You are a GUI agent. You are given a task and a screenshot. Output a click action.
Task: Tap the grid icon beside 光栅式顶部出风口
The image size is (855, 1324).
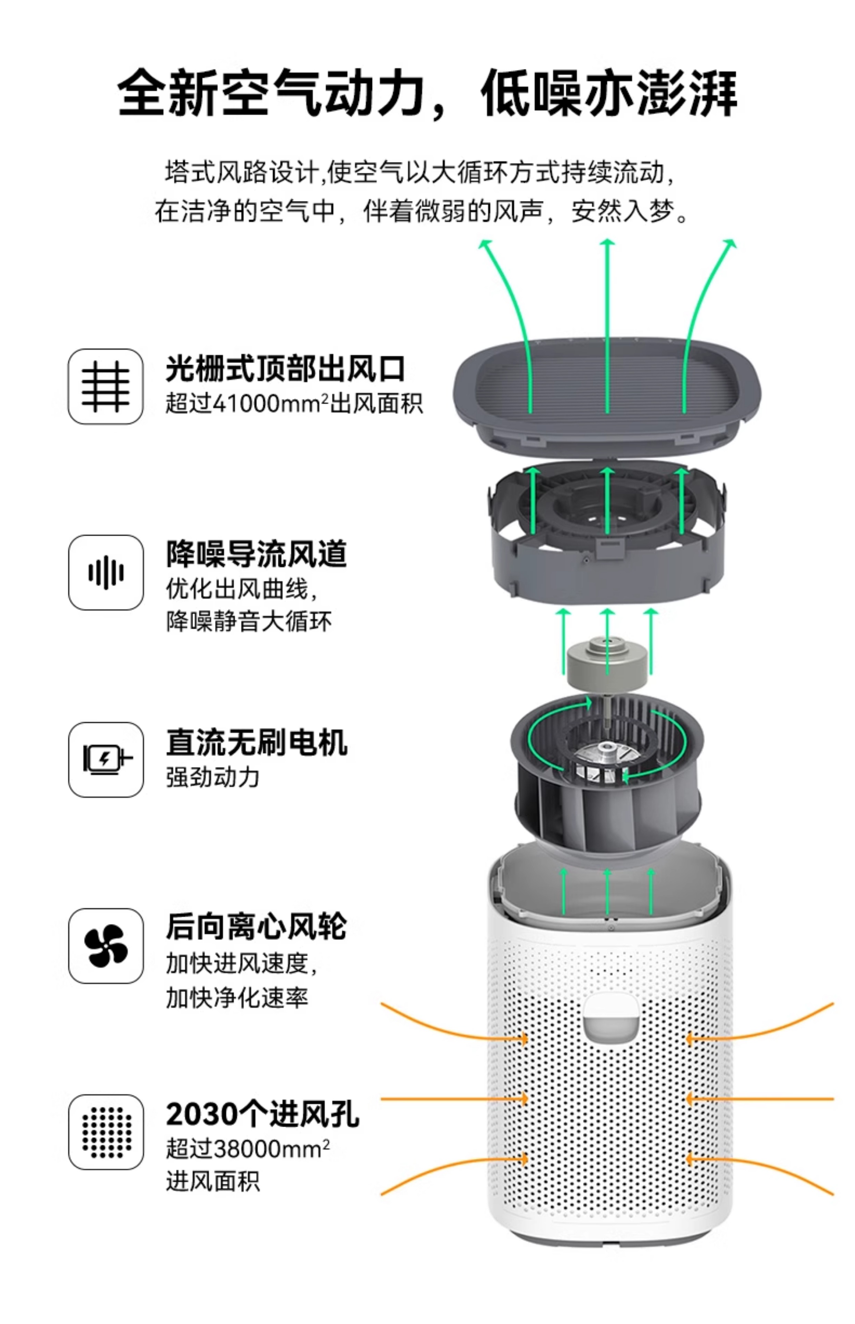(x=105, y=387)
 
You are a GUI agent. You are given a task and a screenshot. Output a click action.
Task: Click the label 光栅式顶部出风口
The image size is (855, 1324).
(x=285, y=369)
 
